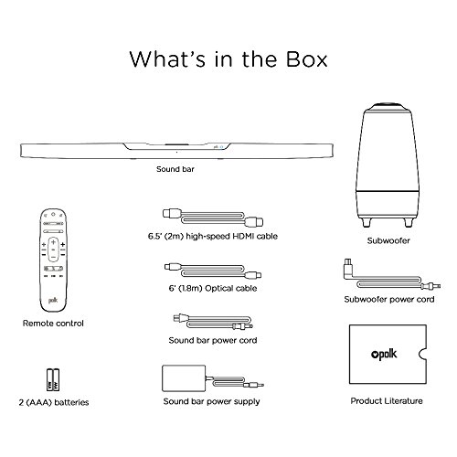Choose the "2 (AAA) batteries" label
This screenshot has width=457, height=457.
(x=56, y=401)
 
